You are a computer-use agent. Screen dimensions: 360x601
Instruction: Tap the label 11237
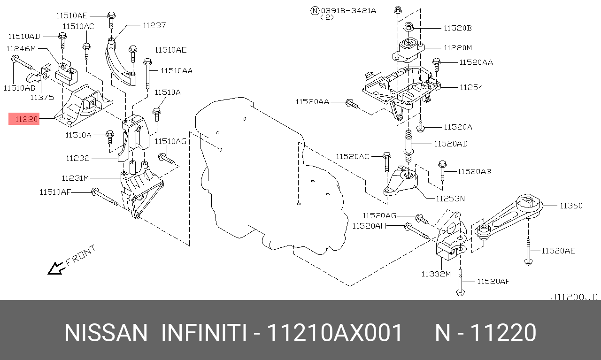[154, 25]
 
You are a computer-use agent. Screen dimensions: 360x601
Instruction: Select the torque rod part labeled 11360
[507, 216]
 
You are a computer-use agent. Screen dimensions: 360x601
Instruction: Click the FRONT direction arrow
[56, 268]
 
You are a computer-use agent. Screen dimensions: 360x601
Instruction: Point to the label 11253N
[450, 199]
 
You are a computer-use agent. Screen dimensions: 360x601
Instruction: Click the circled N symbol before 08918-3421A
[315, 10]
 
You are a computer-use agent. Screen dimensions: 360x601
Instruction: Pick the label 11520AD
[450, 144]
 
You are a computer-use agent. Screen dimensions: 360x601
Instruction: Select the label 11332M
[435, 274]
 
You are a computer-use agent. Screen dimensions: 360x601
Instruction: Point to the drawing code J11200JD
[574, 297]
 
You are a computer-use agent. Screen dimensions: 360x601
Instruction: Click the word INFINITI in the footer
[204, 333]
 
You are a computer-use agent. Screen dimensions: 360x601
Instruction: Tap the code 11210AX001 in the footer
[335, 333]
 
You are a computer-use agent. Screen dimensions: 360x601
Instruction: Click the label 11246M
[21, 48]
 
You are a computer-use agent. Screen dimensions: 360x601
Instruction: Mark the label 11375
[42, 97]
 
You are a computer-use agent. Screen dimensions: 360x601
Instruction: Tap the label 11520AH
[369, 226]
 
